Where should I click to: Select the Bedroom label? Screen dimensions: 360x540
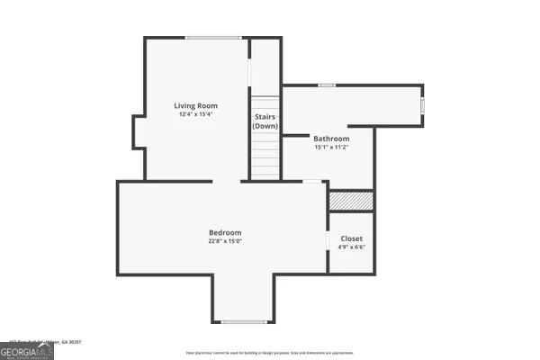click(x=226, y=232)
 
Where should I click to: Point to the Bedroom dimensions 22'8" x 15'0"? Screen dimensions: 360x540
click(x=226, y=240)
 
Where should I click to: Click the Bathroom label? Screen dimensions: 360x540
click(x=331, y=139)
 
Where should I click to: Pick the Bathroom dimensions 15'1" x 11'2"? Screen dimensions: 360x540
click(x=331, y=147)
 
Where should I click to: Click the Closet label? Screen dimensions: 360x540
click(x=351, y=238)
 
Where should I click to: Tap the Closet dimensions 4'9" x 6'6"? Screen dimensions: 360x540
click(x=351, y=247)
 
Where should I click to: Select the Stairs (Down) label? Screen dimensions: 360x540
click(x=265, y=121)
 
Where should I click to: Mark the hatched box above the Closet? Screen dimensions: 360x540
click(x=350, y=201)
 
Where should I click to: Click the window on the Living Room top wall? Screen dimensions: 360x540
click(x=213, y=37)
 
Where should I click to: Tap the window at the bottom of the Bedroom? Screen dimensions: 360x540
click(x=242, y=321)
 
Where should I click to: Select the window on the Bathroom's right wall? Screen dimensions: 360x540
click(x=423, y=106)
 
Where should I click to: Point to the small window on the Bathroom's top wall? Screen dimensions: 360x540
click(x=327, y=85)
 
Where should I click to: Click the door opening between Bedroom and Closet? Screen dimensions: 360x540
click(x=328, y=243)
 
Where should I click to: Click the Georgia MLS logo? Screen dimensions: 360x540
click(x=27, y=349)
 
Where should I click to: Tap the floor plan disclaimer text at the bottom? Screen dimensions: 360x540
click(x=270, y=353)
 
